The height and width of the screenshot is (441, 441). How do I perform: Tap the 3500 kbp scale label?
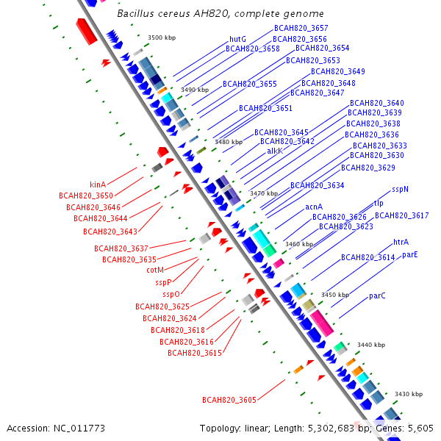tap(162, 37)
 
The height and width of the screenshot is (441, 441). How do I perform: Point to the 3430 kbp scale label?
tap(408, 394)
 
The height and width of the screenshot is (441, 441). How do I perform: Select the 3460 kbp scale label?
tap(299, 244)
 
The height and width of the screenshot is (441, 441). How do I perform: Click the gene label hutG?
tap(237, 39)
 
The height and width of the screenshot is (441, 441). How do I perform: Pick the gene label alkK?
tap(275, 151)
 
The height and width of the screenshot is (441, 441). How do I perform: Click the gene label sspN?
tap(400, 189)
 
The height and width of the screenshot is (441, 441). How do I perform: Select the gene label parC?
tap(377, 295)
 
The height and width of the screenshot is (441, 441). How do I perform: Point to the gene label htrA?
tap(401, 242)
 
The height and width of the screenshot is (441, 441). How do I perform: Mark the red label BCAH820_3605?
tap(229, 399)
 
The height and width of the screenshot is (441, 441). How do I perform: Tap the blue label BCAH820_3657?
tap(301, 28)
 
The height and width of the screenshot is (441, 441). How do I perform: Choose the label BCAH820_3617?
tap(402, 215)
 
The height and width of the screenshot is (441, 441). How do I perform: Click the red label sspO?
tap(171, 294)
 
